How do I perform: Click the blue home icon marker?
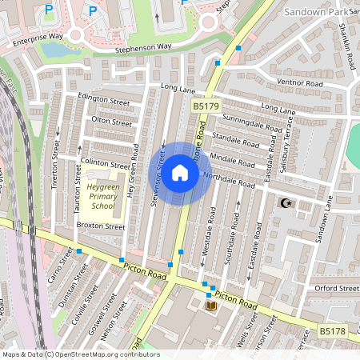[x=180, y=172]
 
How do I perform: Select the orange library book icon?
[x=211, y=306]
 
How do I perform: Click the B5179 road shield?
[x=205, y=105]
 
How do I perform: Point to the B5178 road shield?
[x=332, y=330]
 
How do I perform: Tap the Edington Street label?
[x=103, y=102]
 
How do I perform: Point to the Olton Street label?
[x=111, y=122]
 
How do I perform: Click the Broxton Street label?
[x=101, y=226]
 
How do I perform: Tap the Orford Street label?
[x=337, y=288]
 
